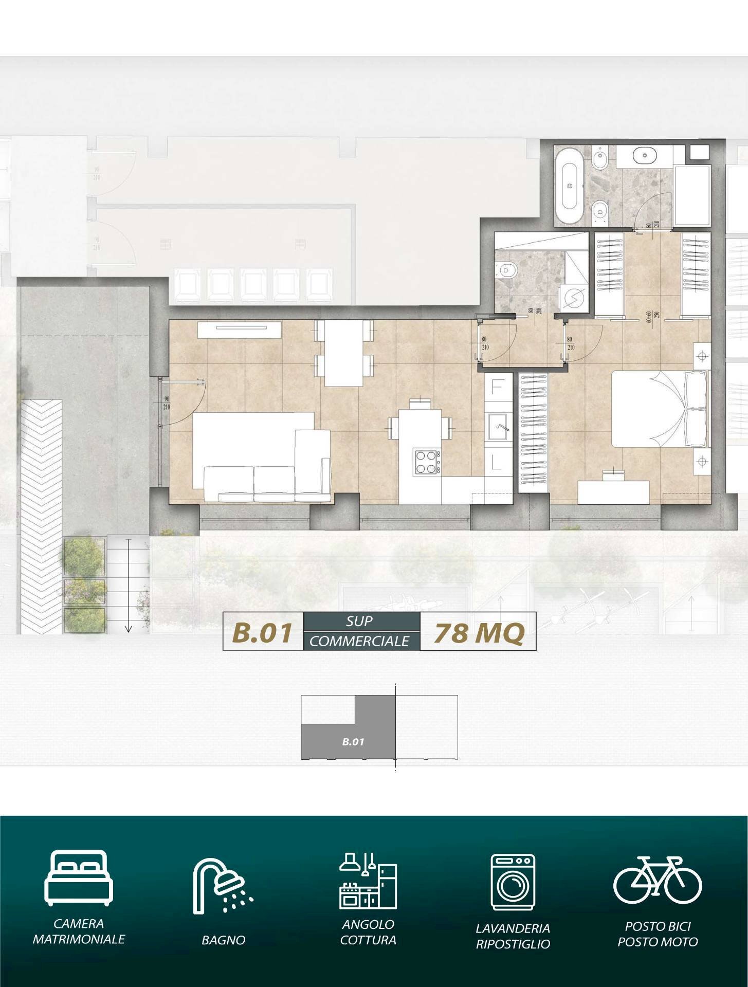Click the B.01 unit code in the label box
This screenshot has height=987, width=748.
[263, 632]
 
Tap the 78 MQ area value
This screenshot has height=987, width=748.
[478, 632]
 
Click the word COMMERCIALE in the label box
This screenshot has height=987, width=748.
[359, 641]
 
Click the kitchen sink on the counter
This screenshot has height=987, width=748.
[498, 426]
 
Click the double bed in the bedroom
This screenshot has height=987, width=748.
[658, 409]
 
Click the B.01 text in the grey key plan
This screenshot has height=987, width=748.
[353, 742]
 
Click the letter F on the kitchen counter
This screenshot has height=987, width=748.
[497, 387]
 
